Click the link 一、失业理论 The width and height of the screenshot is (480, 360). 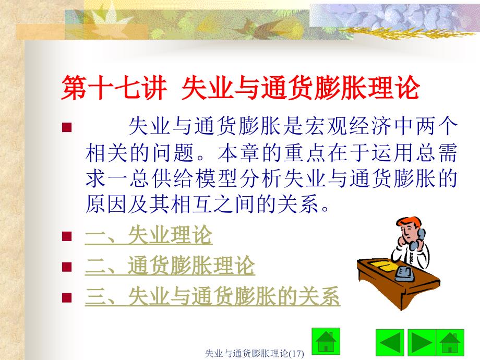pyautogui.click(x=149, y=236)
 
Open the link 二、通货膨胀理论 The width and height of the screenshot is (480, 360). pyautogui.click(x=170, y=267)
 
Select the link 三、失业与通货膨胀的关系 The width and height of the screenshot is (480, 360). pyautogui.click(x=212, y=297)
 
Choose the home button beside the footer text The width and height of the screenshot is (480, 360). pyautogui.click(x=325, y=340)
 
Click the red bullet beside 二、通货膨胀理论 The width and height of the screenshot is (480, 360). pyautogui.click(x=66, y=267)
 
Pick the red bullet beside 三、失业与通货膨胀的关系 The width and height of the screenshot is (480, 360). pyautogui.click(x=66, y=298)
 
